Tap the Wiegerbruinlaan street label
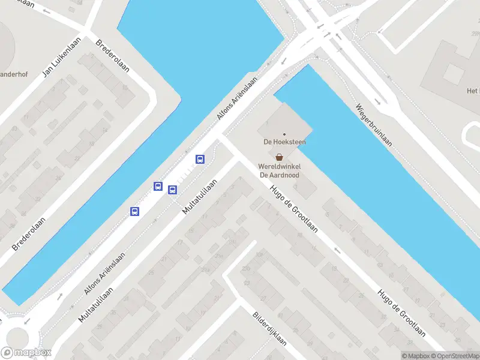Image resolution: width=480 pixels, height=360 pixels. point(374,125)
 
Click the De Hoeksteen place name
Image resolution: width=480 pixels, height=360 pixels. point(284,142)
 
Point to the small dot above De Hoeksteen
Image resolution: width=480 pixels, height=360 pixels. point(284,134)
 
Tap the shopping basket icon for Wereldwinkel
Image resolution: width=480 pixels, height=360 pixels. point(280,157)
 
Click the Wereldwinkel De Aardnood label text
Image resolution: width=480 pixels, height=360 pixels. point(279,170)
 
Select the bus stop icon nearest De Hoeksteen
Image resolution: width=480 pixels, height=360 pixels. point(200,159)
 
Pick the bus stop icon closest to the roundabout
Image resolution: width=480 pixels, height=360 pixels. point(135,211)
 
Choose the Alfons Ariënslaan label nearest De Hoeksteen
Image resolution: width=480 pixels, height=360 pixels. point(238,98)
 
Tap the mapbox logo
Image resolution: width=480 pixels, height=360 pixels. point(26,353)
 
